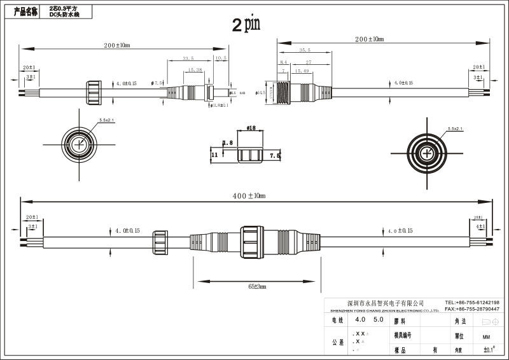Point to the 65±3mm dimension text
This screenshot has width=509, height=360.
click(x=257, y=287)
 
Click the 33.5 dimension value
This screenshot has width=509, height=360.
click(x=188, y=58)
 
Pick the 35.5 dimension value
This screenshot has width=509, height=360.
click(x=305, y=49)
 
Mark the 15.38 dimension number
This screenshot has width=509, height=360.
click(x=195, y=70)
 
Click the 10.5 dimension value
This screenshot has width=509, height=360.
click(x=221, y=58)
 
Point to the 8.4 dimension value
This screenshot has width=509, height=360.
click(x=284, y=62)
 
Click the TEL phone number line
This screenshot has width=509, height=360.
click(x=471, y=303)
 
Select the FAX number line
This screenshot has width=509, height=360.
click(x=471, y=308)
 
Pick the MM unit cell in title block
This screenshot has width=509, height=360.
click(x=486, y=336)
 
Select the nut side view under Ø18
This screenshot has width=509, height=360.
click(x=250, y=155)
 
